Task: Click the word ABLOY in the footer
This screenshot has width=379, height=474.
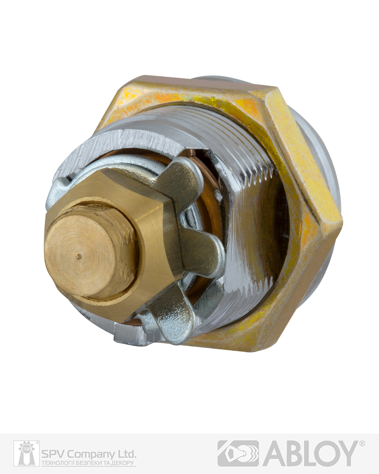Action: point(311,453)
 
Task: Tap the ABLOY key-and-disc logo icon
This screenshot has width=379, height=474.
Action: point(238,453)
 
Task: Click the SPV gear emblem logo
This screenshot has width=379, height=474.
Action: point(27,453)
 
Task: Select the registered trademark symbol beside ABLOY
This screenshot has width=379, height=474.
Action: point(362,444)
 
